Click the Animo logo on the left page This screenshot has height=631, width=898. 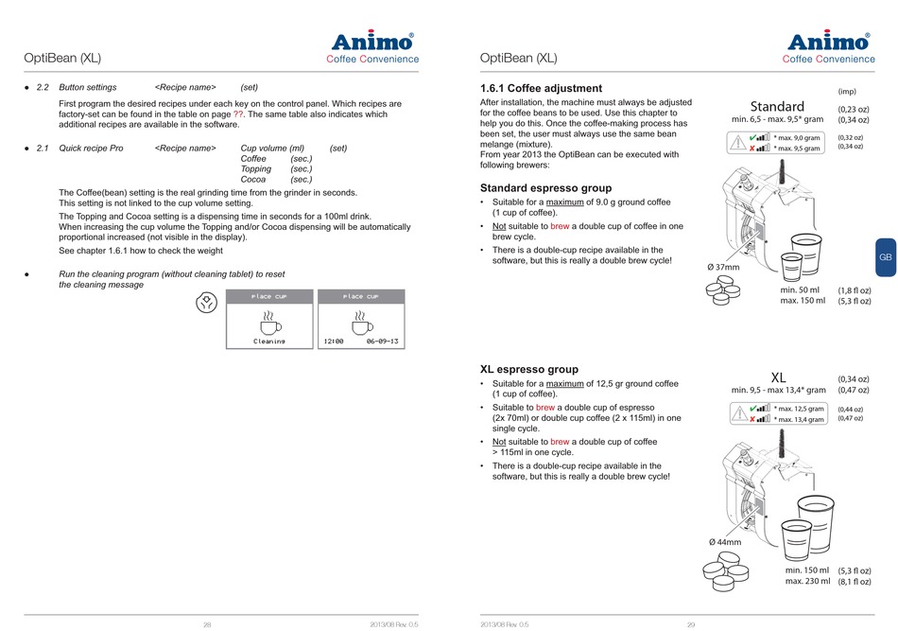click(372, 42)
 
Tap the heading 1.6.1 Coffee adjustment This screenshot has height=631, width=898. click(541, 89)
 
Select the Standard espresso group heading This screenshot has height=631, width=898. click(545, 188)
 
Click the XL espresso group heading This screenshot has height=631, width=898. click(529, 369)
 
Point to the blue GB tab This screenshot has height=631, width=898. click(885, 257)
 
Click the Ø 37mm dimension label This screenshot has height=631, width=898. click(723, 267)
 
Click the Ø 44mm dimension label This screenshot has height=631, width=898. click(725, 542)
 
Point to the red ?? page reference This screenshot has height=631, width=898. click(239, 114)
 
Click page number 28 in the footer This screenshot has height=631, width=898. click(207, 624)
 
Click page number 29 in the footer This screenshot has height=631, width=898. click(691, 624)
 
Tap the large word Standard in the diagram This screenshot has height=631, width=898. click(777, 106)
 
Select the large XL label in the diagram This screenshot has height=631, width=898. click(779, 377)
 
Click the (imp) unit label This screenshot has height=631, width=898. click(847, 91)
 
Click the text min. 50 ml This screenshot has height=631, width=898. click(800, 289)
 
